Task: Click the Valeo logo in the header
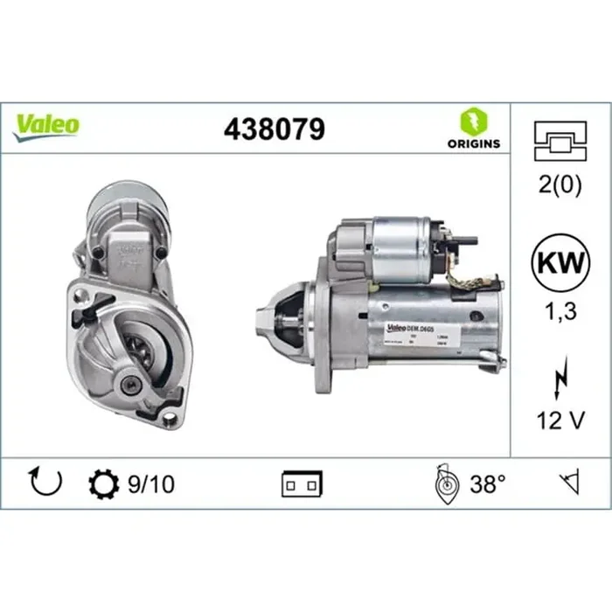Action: (x=45, y=126)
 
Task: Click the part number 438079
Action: (x=275, y=129)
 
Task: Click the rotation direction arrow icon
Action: (x=46, y=482)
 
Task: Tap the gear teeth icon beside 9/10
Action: (x=102, y=483)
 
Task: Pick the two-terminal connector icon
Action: (x=302, y=483)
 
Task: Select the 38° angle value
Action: (x=488, y=483)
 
